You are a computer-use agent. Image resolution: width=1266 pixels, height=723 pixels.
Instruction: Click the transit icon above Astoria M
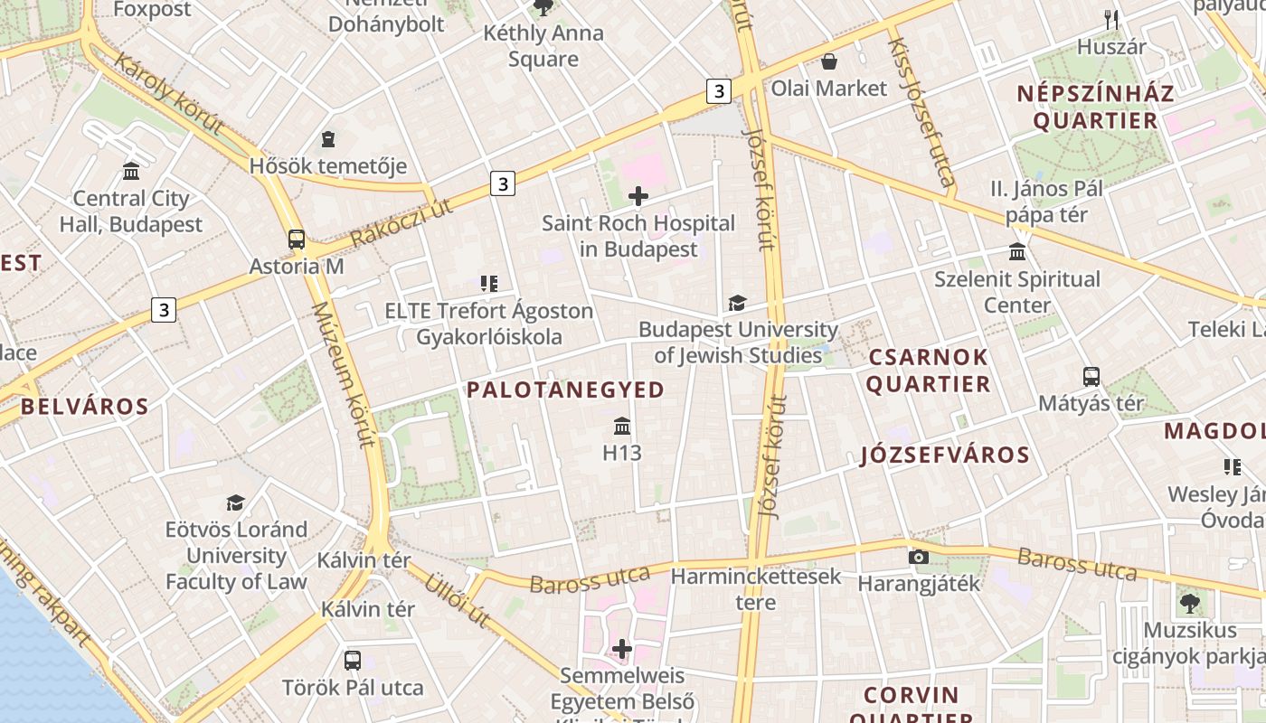pyautogui.click(x=297, y=239)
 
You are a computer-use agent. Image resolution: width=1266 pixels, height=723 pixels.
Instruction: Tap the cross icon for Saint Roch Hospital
pyautogui.click(x=638, y=195)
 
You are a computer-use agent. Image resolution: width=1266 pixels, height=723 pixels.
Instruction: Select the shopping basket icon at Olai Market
pyautogui.click(x=828, y=61)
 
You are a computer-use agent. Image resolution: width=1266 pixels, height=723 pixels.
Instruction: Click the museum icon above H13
pyautogui.click(x=622, y=426)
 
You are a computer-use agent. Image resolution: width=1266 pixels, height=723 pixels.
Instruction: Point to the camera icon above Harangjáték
pyautogui.click(x=919, y=557)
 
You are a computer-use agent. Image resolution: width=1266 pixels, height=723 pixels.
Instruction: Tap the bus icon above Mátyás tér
pyautogui.click(x=1091, y=376)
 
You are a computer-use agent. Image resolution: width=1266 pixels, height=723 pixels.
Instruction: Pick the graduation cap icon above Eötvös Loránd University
pyautogui.click(x=236, y=502)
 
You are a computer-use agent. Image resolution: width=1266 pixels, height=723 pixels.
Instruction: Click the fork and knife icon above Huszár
pyautogui.click(x=1112, y=19)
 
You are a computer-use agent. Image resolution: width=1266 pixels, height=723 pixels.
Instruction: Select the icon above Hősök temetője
pyautogui.click(x=328, y=139)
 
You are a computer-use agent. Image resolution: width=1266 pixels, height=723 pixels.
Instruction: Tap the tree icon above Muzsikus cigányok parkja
pyautogui.click(x=1189, y=603)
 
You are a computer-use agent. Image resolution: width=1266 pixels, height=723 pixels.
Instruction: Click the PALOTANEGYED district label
pyautogui.click(x=566, y=390)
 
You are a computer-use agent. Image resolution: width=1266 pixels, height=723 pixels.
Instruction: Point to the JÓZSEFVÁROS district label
pyautogui.click(x=945, y=455)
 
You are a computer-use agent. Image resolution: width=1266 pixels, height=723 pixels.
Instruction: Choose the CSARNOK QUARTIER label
pyautogui.click(x=929, y=371)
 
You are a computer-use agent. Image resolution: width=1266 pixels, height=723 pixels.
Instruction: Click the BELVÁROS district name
pyautogui.click(x=85, y=407)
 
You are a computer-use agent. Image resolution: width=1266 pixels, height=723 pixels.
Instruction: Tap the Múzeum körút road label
pyautogui.click(x=343, y=375)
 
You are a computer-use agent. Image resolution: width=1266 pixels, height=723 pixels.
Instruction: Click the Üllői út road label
pyautogui.click(x=458, y=599)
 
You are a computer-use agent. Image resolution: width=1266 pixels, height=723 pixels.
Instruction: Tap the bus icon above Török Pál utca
pyautogui.click(x=353, y=660)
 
